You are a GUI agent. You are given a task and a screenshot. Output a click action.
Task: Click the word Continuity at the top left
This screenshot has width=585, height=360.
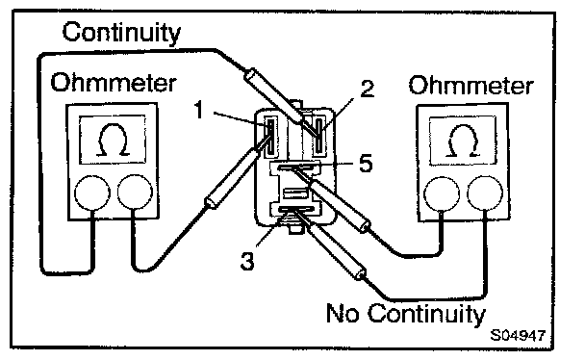click(121, 33)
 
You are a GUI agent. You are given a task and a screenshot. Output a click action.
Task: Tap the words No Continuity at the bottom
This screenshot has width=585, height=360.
click(406, 314)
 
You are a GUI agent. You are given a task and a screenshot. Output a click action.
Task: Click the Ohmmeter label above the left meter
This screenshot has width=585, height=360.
click(114, 83)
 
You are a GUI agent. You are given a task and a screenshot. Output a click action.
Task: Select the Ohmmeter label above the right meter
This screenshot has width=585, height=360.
click(471, 85)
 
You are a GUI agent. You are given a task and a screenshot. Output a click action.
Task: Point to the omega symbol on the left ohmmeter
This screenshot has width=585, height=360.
click(114, 140)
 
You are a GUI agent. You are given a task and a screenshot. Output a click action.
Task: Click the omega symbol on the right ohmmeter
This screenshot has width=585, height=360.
click(463, 141)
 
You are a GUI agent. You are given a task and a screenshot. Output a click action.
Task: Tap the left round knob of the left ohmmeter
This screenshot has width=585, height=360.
click(92, 193)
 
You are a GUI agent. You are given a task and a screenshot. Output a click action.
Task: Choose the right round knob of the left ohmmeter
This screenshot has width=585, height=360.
click(135, 193)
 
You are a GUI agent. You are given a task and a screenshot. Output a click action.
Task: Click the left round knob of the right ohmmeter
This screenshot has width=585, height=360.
click(442, 194)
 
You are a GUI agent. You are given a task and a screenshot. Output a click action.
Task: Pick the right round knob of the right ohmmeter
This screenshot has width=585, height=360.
click(485, 193)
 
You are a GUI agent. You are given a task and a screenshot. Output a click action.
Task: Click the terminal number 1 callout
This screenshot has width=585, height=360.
click(199, 110)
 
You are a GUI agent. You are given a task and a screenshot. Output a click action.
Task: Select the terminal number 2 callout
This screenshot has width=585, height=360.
click(367, 89)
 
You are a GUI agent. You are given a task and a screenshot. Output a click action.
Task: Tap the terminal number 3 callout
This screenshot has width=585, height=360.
click(247, 261)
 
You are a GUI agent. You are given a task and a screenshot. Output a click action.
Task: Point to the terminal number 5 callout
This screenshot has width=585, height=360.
click(366, 163)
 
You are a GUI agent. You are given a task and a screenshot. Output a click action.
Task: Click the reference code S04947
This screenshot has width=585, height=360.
click(518, 335)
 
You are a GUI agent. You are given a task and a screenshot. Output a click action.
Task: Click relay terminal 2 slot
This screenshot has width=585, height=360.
click(318, 136)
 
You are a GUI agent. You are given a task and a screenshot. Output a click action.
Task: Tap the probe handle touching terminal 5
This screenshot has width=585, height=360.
click(341, 206)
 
